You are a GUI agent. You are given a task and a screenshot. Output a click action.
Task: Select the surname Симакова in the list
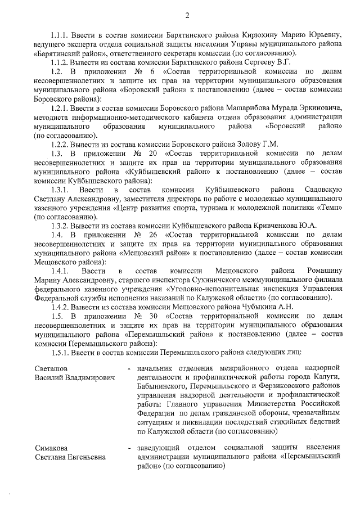pyautogui.click(x=52, y=448)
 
